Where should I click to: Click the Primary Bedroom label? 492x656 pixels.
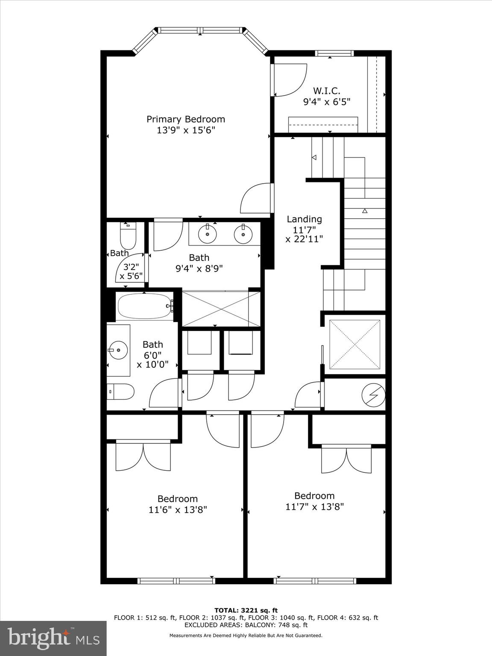186,119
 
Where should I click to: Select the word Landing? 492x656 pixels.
304,219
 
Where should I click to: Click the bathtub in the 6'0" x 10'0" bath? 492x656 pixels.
145,306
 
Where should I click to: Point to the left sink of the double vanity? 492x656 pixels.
208,234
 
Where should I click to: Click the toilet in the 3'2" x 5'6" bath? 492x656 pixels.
128,236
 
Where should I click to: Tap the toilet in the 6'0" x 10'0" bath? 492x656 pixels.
121,391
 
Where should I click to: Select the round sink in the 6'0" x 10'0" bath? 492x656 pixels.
118,350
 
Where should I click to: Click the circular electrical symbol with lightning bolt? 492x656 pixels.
373,395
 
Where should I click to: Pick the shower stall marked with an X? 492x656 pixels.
215,309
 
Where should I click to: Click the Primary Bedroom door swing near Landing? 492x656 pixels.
257,199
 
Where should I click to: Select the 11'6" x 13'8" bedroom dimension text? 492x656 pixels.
178,510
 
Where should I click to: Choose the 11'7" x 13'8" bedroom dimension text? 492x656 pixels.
314,507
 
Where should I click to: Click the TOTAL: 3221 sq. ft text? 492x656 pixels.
246,611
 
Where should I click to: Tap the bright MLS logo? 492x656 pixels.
53,638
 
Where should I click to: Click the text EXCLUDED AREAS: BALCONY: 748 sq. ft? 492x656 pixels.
246,625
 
